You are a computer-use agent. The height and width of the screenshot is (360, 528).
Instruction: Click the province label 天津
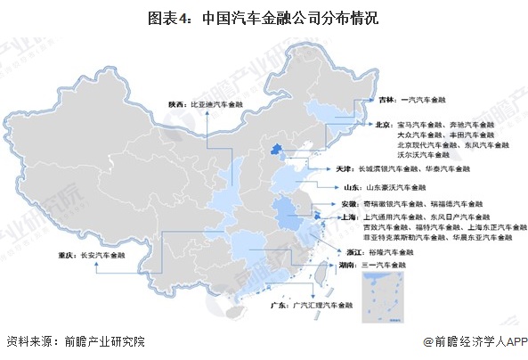345,168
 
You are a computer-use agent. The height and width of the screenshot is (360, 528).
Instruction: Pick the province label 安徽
350,206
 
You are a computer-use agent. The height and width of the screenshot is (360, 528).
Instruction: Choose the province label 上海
349,217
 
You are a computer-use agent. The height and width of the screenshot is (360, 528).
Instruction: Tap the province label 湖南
349,266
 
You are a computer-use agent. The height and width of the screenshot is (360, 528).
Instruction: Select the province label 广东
277,306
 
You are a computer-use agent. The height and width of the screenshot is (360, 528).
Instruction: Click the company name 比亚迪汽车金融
217,103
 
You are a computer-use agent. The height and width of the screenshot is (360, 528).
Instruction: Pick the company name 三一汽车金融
387,266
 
